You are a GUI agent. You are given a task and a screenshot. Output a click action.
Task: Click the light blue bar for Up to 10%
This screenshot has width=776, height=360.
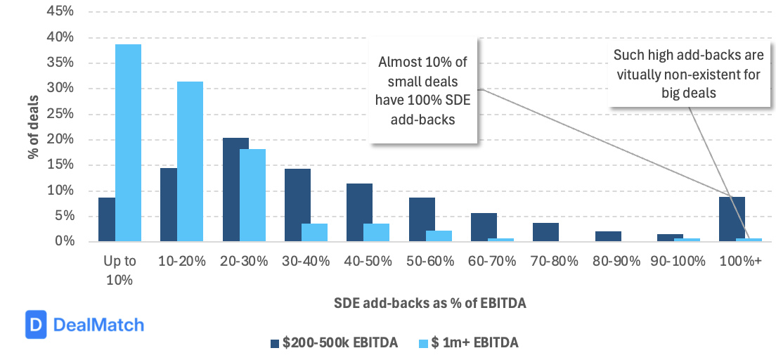pos(128,143)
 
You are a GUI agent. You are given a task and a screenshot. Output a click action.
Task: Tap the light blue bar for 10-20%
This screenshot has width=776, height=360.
pos(190,162)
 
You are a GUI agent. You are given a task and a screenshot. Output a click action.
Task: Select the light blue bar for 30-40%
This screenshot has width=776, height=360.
pos(314,233)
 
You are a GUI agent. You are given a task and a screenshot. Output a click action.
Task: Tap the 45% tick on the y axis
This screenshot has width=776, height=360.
pos(60,12)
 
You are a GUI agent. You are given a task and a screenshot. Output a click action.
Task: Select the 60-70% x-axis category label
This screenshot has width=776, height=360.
pos(493,261)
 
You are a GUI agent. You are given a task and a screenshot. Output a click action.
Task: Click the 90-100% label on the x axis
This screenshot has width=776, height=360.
pos(679,261)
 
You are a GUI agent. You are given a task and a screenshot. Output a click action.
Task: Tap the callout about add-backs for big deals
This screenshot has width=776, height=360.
pos(687,74)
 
